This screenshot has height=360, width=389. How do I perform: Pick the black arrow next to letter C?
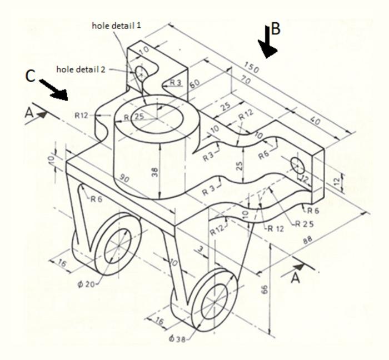click(54, 88)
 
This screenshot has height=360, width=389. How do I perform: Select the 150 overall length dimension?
click(252, 69)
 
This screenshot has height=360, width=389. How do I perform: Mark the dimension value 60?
click(194, 84)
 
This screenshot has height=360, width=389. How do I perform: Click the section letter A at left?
click(29, 112)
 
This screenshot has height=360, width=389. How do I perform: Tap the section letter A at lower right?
click(296, 277)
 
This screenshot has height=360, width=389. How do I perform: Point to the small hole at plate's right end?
click(297, 164)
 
